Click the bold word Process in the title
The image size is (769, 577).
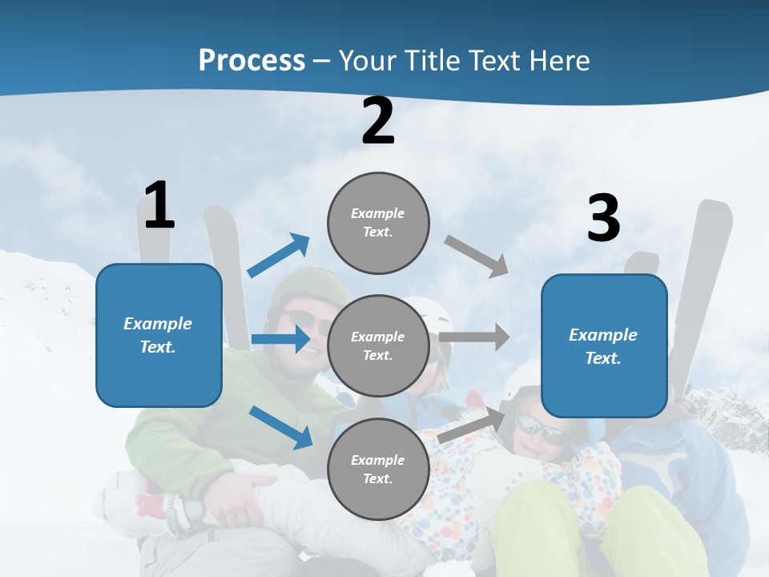(x=252, y=61)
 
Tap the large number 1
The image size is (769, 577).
(x=159, y=206)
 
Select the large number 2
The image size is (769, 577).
(x=378, y=121)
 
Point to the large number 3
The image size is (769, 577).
(x=603, y=219)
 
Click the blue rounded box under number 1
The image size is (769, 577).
(x=159, y=335)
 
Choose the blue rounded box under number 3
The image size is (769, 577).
(x=604, y=346)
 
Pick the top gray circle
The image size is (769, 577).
(x=378, y=223)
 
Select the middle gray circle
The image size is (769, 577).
(x=378, y=346)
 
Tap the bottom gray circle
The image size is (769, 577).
(x=378, y=470)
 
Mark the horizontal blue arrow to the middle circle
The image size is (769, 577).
(x=280, y=340)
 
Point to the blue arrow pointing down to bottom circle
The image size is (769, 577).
(x=280, y=427)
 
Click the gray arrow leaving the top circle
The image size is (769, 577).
(x=477, y=256)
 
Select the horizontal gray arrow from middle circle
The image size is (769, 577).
(x=474, y=337)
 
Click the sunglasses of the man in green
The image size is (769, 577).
(x=308, y=322)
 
